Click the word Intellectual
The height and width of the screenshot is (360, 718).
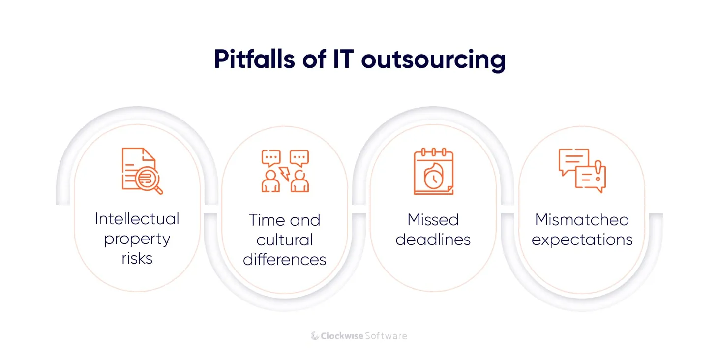click(137, 218)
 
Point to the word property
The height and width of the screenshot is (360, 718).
click(137, 240)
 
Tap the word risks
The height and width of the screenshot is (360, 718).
click(137, 258)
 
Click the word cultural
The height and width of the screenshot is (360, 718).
click(285, 240)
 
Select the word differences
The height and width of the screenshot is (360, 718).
click(285, 259)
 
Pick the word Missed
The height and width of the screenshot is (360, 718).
click(433, 219)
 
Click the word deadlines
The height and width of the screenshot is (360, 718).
click(433, 240)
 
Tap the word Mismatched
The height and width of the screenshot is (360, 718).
click(582, 219)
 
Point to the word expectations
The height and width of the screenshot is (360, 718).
click(582, 240)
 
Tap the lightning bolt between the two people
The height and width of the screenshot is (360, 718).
click(284, 173)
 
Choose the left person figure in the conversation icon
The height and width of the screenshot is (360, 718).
click(270, 182)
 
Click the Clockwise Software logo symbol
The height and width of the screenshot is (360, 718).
click(315, 336)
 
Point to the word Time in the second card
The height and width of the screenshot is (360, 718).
click(267, 220)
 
